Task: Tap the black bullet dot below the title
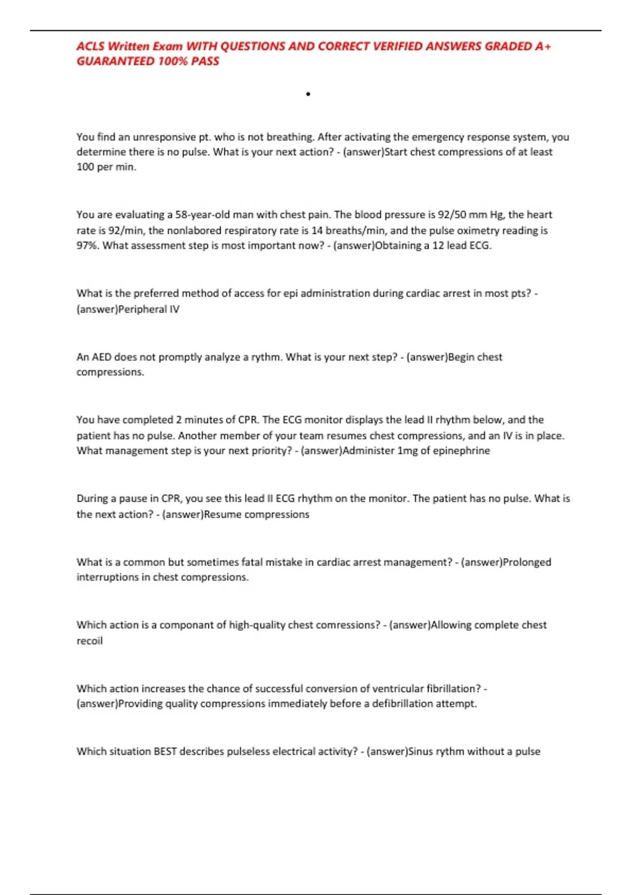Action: [x=308, y=94]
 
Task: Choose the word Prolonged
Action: [x=527, y=562]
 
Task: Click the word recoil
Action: [x=90, y=641]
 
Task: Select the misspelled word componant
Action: [x=187, y=625]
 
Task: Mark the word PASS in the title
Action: [x=205, y=61]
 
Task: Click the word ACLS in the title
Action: [x=90, y=46]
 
